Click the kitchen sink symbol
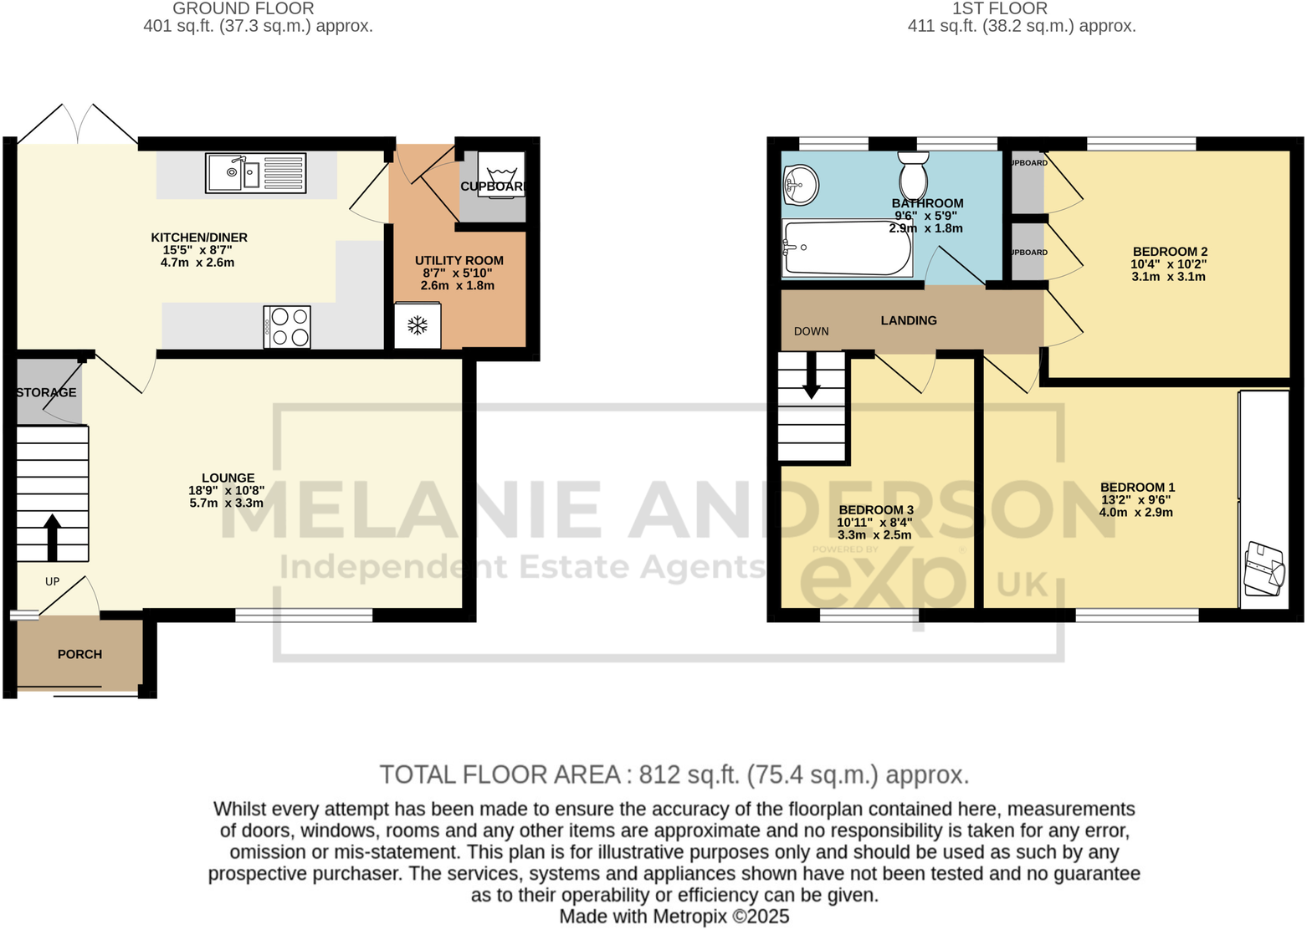point(255,173)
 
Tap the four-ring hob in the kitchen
point(287,327)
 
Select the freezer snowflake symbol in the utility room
point(418,325)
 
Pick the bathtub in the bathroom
point(846,248)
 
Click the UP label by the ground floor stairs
point(53,581)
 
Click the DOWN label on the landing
point(811,331)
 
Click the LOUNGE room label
point(228,478)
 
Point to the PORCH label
point(79,654)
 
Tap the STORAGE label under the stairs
point(47,392)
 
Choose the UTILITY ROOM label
point(459,260)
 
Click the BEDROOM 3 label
point(875,509)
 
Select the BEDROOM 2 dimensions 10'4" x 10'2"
point(1168,264)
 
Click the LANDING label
point(909,320)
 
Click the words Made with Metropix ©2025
point(674,917)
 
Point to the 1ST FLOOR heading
point(999,8)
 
